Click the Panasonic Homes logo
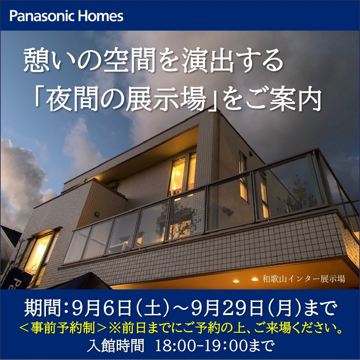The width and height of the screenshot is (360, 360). (x=66, y=16)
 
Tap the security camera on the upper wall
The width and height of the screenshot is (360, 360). (x=251, y=154)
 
